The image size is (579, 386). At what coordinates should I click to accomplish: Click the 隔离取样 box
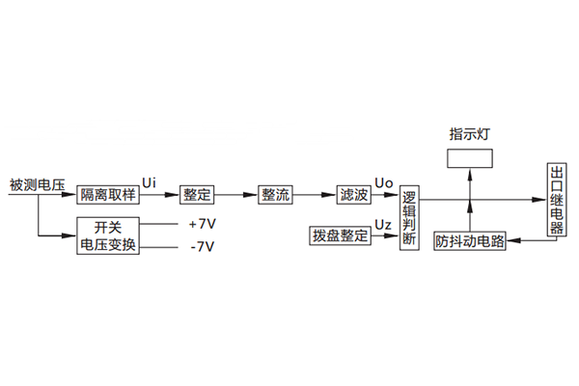[108, 194]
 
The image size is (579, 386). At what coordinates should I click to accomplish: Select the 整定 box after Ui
[198, 194]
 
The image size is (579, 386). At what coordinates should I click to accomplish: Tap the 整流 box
[275, 194]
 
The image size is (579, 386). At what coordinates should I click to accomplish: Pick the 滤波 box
[353, 194]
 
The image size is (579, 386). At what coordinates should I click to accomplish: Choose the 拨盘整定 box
[340, 234]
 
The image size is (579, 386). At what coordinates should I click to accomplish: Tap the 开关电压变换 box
[108, 236]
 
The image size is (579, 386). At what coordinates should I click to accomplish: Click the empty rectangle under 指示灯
[470, 158]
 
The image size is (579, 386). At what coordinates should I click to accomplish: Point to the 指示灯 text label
[470, 131]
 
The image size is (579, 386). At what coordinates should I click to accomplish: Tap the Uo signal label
[382, 182]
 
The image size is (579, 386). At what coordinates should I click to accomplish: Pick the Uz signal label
[382, 224]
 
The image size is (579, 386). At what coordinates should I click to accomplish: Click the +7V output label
[200, 225]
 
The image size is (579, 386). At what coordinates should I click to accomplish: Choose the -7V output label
[200, 247]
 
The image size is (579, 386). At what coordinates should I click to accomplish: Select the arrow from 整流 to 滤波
[316, 195]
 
